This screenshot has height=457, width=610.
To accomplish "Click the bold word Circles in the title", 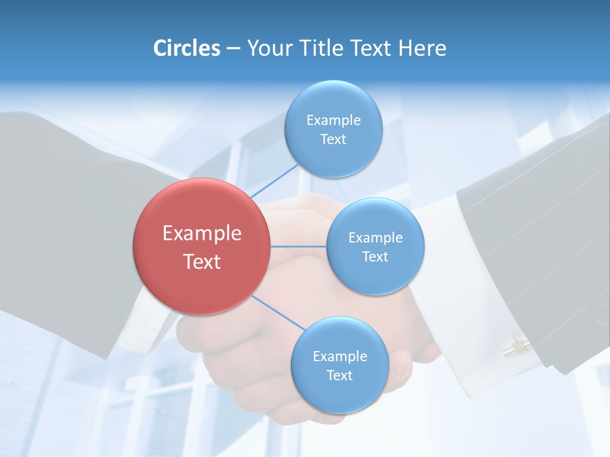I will (x=186, y=48).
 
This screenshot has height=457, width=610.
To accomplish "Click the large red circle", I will (x=201, y=246).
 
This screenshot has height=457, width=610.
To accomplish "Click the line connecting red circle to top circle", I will (x=274, y=181).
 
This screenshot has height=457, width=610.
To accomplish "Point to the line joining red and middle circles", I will (x=298, y=246).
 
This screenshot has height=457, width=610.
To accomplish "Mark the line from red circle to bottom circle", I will (x=276, y=312).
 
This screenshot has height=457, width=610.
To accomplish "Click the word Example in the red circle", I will (x=201, y=233).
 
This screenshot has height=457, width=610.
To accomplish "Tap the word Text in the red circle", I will (x=201, y=262).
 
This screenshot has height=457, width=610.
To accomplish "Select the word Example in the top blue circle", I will (x=333, y=120).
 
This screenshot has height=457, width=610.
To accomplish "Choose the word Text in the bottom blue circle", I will (x=339, y=375).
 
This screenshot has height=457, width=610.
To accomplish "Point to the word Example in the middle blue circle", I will (x=375, y=237).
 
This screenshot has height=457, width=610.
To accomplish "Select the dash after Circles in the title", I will (x=233, y=49).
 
